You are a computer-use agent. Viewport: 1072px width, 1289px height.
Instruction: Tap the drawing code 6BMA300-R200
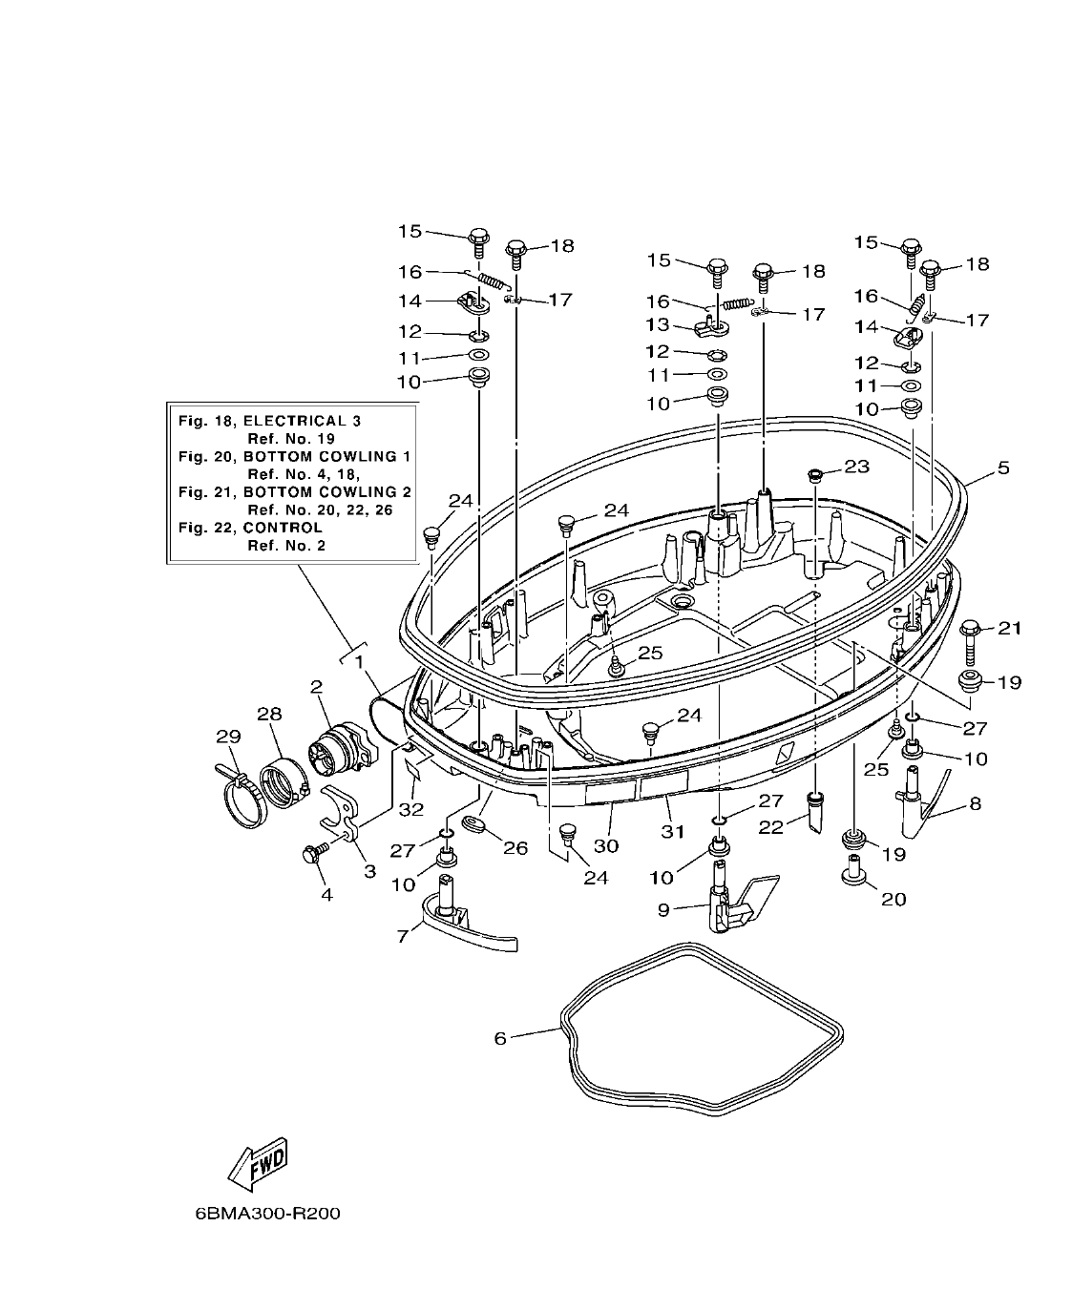[x=266, y=1215]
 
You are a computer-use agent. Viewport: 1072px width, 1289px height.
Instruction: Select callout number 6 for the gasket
[x=500, y=1038]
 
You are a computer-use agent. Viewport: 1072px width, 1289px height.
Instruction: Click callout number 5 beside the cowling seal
[x=1003, y=468]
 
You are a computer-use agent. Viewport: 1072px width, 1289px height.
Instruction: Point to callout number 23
[x=856, y=467]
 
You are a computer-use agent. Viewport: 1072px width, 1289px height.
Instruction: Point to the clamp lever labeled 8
[x=916, y=806]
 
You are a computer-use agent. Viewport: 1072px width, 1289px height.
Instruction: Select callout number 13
[x=659, y=326]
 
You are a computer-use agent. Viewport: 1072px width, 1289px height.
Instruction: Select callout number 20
[x=893, y=899]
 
